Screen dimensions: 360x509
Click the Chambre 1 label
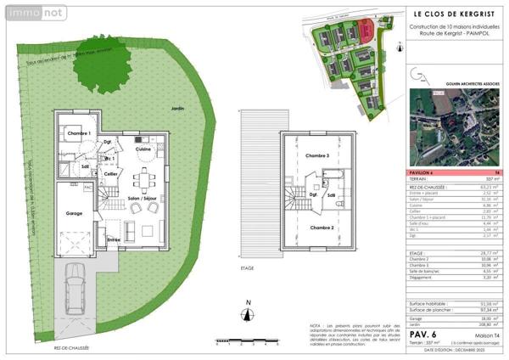pyautogui.click(x=79, y=134)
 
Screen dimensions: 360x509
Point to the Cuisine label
pyautogui.click(x=143, y=149)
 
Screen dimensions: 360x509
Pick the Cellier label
pyautogui.click(x=110, y=173)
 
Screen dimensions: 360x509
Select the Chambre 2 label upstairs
pyautogui.click(x=321, y=228)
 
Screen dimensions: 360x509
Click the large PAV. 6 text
pyautogui.click(x=424, y=335)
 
